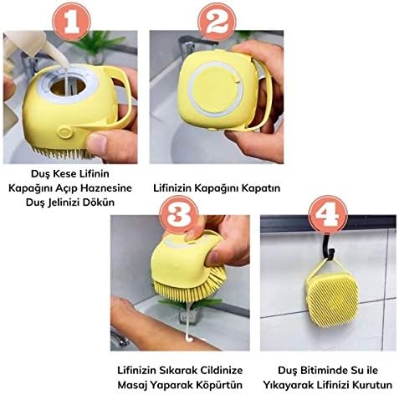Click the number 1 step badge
pyautogui.click(x=71, y=22)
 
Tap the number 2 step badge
pyautogui.click(x=217, y=22)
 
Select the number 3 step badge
pyautogui.click(x=179, y=214)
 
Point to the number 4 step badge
pyautogui.click(x=328, y=214)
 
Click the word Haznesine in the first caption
pyautogui.click(x=107, y=188)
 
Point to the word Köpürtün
pyautogui.click(x=219, y=385)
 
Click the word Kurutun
pyautogui.click(x=372, y=385)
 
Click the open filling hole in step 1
pyautogui.click(x=68, y=86)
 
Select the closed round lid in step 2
pyautogui.click(x=215, y=90)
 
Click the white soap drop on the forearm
pyautogui.click(x=190, y=339)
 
